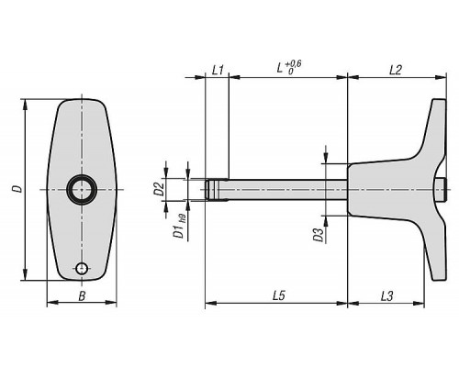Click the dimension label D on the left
click(19, 189)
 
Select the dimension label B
click(82, 296)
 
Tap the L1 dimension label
click(218, 71)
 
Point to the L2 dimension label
click(396, 71)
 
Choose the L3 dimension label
click(387, 296)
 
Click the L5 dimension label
click(279, 296)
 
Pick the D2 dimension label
click(159, 189)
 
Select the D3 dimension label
click(319, 235)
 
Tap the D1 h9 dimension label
click(180, 228)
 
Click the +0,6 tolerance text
click(293, 64)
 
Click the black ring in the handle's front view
click(82, 189)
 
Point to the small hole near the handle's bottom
click(82, 269)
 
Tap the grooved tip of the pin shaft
click(212, 189)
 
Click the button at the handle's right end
click(442, 189)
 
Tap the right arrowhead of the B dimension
click(111, 303)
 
